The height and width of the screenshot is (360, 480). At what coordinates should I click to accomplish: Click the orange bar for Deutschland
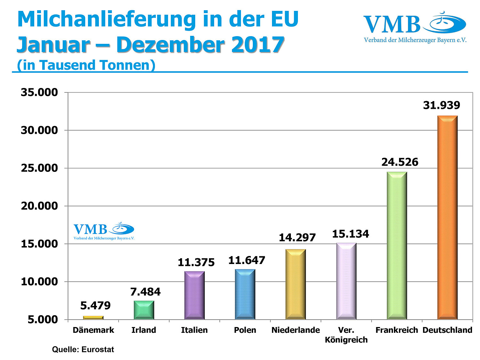point(447,218)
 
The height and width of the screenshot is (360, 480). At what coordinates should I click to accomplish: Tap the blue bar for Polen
point(245,294)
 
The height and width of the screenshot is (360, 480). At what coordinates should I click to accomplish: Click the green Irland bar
point(144,310)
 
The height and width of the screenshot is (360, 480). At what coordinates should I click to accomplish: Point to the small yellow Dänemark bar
point(93,317)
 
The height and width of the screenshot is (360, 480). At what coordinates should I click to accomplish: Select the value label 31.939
point(441,105)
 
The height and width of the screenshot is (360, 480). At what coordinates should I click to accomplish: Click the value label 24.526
point(400,162)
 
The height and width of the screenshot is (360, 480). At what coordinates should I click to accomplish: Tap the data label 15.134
point(350,234)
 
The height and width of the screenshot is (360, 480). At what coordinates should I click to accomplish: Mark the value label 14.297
point(297,238)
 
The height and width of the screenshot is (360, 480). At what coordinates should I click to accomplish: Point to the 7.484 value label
point(145,292)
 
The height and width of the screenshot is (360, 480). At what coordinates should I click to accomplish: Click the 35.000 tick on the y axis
point(39,92)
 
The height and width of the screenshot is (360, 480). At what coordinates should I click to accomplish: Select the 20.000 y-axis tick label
point(39,206)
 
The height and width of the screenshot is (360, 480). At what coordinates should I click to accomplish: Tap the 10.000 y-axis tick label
point(39,282)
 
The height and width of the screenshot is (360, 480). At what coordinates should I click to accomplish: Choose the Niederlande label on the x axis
point(295,330)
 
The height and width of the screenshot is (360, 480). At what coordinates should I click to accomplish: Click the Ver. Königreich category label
point(346,335)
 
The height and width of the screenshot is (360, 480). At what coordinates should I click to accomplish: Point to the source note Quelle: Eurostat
point(83,349)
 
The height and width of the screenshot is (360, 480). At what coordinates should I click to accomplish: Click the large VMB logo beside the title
point(415,28)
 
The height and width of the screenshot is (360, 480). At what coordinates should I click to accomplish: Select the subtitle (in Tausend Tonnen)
point(86,65)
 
